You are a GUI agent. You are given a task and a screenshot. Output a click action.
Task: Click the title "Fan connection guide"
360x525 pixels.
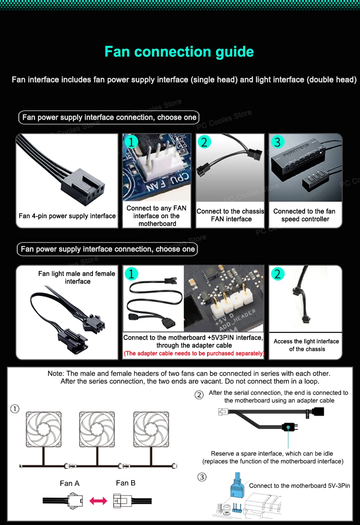coord(179,52)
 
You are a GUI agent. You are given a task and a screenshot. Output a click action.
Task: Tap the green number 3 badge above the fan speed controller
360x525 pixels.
coord(278,142)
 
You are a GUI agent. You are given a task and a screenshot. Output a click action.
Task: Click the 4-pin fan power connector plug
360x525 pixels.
coord(83,187)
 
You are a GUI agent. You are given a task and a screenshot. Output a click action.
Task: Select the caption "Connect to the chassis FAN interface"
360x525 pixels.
coord(230,215)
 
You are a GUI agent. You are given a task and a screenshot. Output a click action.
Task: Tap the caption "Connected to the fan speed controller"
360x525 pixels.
coord(305,215)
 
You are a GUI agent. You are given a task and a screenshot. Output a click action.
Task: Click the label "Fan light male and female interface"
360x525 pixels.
coord(77,277)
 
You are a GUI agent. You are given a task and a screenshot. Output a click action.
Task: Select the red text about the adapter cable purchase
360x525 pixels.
coord(194,353)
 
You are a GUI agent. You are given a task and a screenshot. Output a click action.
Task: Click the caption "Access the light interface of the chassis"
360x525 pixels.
coord(306,345)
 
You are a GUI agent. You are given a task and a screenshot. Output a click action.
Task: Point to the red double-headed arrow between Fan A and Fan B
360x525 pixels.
coord(98,501)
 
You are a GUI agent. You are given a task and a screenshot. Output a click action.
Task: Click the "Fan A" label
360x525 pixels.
coord(70,483)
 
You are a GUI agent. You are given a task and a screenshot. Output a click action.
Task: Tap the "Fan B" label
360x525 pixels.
coord(125,483)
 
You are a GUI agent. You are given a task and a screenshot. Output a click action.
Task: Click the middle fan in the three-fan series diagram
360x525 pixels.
coord(97,429)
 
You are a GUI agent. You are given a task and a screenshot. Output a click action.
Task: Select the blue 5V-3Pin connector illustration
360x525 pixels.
coord(237,485)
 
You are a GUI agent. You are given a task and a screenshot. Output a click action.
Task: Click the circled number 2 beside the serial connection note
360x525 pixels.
coord(199,395)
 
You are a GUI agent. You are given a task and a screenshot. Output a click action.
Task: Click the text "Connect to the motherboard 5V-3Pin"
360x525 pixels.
coord(299,485)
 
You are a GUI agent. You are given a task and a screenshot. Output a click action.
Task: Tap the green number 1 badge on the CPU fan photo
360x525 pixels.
coord(131,142)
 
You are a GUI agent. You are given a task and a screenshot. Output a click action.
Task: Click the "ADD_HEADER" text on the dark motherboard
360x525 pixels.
coord(238,319)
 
